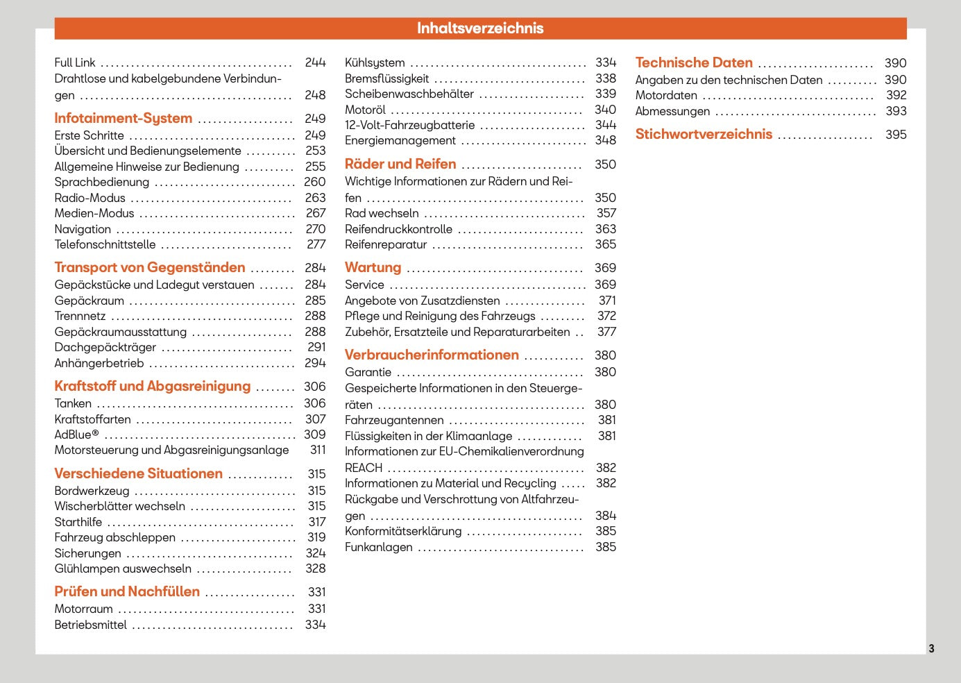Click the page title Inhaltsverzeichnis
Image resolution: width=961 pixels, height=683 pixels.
pos(480,28)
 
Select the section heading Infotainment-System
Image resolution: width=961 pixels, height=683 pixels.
pos(124,118)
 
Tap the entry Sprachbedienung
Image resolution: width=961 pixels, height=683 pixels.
pos(102,182)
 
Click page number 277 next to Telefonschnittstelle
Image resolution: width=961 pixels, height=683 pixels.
pos(316,244)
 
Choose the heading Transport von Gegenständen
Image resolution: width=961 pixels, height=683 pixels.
pos(150,267)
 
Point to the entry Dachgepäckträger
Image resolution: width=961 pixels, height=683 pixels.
pos(105,347)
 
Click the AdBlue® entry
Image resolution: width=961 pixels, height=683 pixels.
pos(76,435)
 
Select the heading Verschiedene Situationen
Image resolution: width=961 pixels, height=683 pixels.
pos(139,473)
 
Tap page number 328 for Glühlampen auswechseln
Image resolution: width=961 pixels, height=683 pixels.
pos(315,568)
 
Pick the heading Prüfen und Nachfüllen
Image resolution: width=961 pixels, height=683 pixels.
pos(127,591)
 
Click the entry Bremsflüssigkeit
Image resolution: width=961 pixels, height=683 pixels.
pos(386,78)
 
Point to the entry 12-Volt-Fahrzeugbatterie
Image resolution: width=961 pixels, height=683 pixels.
pos(409,125)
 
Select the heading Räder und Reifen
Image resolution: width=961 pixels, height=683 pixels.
pos(400,164)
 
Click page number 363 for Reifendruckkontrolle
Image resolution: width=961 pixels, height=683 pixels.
pos(605,229)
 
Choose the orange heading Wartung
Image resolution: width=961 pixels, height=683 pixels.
pos(373,267)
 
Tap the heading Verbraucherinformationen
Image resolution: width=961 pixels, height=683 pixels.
pos(432,355)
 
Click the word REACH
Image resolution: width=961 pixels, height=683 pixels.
pos(364,468)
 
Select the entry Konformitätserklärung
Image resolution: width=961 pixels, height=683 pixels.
pos(403,531)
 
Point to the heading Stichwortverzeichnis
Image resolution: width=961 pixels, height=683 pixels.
pos(704,134)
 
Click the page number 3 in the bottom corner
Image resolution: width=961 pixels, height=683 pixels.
pos(931,648)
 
